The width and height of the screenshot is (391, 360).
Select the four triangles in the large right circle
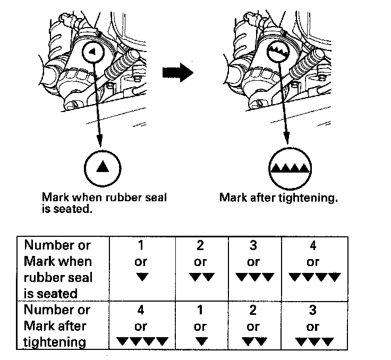click(x=289, y=168)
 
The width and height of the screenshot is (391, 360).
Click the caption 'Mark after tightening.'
click(x=279, y=198)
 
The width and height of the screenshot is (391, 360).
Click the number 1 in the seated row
click(x=141, y=245)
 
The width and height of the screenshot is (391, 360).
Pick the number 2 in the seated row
click(x=200, y=245)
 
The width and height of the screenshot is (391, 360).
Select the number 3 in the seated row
click(x=253, y=245)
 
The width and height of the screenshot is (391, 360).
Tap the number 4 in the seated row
click(x=313, y=245)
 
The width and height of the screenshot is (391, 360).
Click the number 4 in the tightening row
click(x=141, y=310)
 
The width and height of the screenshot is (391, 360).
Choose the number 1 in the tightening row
click(x=200, y=310)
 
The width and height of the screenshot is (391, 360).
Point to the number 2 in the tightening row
click(x=253, y=310)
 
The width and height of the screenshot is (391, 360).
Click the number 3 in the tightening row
click(x=313, y=310)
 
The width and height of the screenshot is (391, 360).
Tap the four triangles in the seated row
click(x=313, y=277)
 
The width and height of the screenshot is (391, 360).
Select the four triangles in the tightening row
click(x=141, y=341)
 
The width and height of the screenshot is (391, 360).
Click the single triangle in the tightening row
click(x=200, y=341)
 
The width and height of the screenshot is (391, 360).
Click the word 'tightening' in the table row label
click(x=55, y=342)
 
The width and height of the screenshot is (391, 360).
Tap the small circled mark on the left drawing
click(x=92, y=52)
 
